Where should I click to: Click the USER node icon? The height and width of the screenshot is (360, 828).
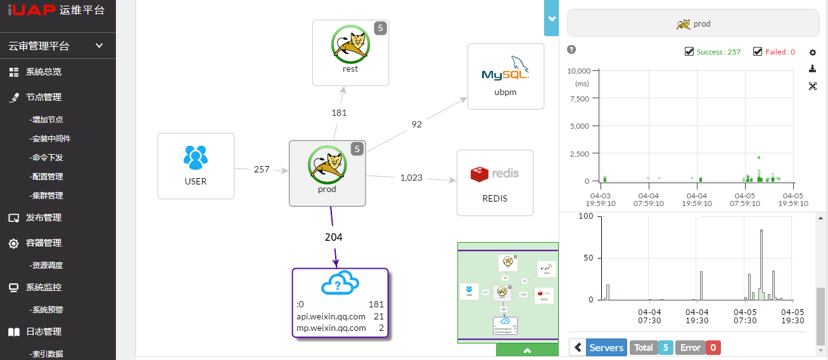click(x=196, y=158)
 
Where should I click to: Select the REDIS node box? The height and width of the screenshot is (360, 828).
click(x=495, y=183)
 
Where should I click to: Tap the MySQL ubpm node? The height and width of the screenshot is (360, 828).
click(x=506, y=76)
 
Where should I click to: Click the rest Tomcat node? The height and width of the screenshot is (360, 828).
click(x=350, y=52)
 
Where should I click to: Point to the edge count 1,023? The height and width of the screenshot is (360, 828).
click(x=411, y=177)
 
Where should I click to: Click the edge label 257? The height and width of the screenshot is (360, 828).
click(x=262, y=169)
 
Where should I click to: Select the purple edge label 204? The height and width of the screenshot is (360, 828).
click(x=333, y=237)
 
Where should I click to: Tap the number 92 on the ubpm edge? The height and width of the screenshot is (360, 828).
click(x=416, y=125)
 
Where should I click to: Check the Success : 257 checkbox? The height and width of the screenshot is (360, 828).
click(x=689, y=52)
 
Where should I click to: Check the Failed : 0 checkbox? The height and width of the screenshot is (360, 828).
click(x=758, y=52)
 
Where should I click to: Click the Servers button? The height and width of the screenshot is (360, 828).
click(x=605, y=347)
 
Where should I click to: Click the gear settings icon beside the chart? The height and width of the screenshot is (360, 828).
click(x=813, y=53)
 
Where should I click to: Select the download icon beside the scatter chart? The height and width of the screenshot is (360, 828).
click(x=813, y=70)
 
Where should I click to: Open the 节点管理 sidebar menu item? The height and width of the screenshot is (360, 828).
click(x=43, y=97)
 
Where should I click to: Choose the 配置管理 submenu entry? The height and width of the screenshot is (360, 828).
click(x=46, y=176)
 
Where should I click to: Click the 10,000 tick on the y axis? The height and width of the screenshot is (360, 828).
click(x=579, y=70)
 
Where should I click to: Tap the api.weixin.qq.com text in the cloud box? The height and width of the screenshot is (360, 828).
click(x=331, y=316)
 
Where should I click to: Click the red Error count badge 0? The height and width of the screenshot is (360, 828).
click(x=713, y=347)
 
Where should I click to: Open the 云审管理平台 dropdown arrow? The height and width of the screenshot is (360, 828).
click(x=99, y=46)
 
